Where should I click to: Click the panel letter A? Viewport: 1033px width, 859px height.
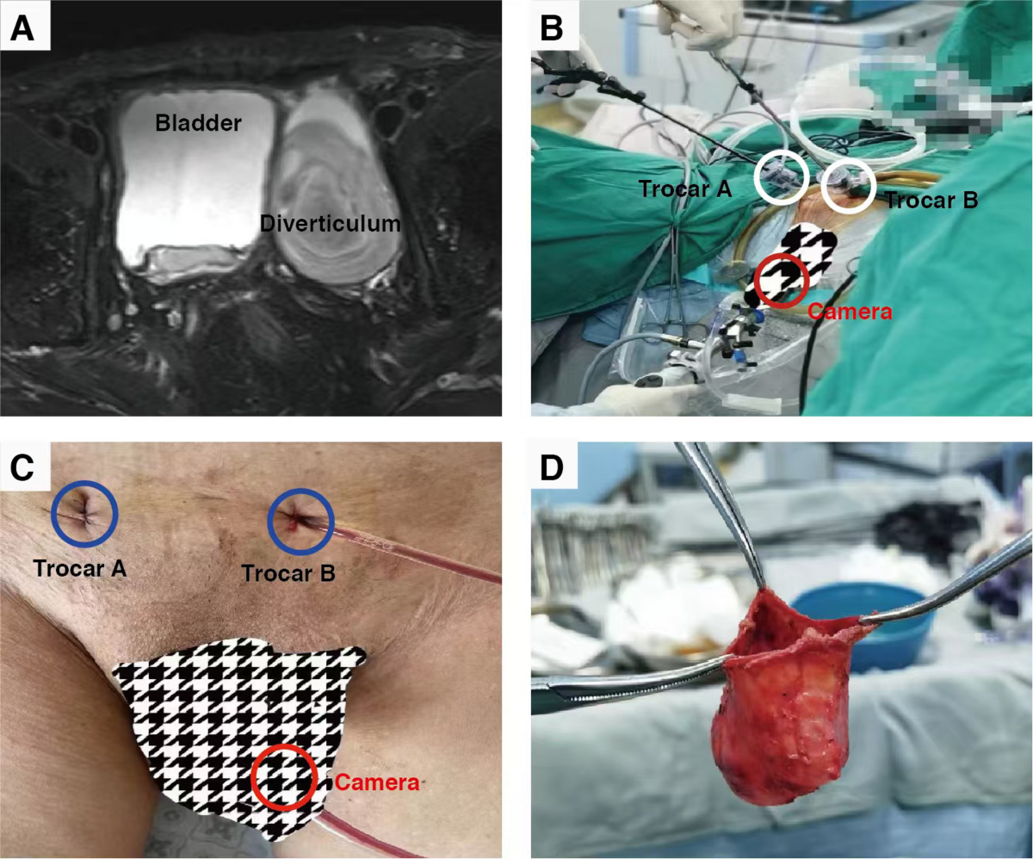22,28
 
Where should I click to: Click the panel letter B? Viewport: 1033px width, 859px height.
552,28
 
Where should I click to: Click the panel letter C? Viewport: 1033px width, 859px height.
22,467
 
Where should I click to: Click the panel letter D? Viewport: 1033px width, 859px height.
552,467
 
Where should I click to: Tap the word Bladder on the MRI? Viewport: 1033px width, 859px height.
198,123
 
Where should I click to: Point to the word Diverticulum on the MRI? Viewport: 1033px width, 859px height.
331,224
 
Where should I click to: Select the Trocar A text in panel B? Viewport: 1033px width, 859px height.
685,188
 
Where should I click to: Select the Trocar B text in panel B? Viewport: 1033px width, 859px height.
931,200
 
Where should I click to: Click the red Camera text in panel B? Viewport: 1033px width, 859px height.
850,312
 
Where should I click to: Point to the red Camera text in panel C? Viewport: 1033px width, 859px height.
377,782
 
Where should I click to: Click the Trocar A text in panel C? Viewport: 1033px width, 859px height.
80,568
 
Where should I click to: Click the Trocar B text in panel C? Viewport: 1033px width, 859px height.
288,573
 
